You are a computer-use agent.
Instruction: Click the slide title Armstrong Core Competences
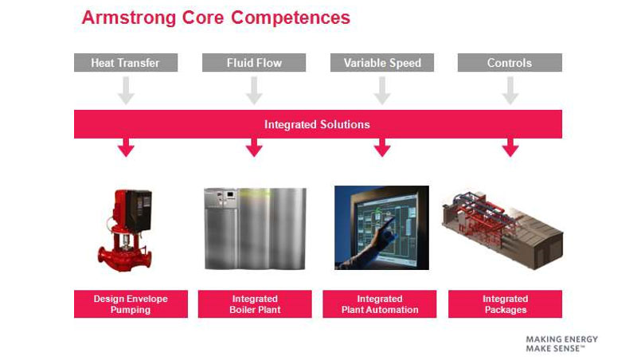(x=216, y=18)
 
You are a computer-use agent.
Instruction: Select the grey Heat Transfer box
(x=125, y=63)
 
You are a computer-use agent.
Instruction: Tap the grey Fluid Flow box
(x=254, y=63)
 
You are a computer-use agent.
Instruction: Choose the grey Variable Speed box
(x=382, y=63)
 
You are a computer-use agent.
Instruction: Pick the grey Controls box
(x=510, y=63)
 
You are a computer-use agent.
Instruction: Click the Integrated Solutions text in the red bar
(x=317, y=124)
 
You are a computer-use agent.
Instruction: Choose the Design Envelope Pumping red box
(x=131, y=304)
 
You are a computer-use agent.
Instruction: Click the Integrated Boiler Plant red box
(x=255, y=304)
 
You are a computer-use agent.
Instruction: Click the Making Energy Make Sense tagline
(x=561, y=344)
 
